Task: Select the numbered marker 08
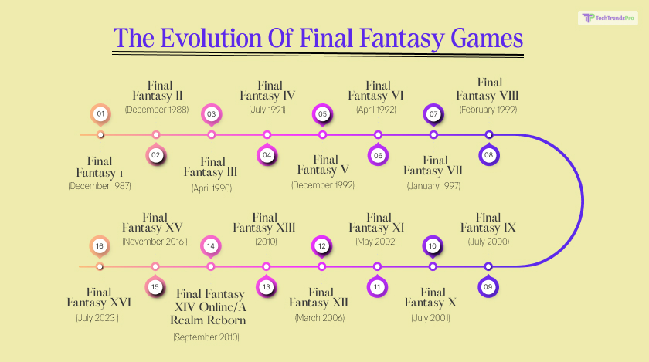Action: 488,154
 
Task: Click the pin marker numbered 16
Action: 100,246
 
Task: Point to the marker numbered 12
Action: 322,246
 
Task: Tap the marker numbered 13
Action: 267,286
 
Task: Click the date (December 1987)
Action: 100,185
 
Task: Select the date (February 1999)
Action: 488,110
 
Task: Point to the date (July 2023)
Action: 100,317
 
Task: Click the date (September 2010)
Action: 207,337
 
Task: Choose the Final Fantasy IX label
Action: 489,223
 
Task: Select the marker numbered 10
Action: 433,246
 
